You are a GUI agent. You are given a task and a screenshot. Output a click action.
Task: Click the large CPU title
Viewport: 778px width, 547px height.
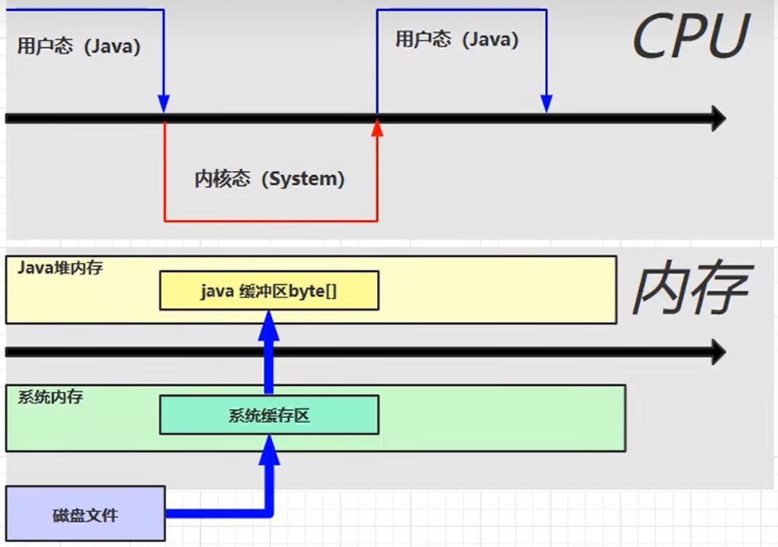(x=690, y=37)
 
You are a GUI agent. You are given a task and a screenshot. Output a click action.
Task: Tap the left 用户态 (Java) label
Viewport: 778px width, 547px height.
(x=79, y=47)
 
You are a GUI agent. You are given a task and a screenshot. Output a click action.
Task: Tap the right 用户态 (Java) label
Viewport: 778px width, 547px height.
(x=456, y=40)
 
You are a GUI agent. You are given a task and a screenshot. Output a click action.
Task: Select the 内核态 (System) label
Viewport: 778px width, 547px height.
(x=270, y=178)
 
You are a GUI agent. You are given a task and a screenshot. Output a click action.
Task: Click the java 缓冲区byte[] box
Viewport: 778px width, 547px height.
(x=269, y=291)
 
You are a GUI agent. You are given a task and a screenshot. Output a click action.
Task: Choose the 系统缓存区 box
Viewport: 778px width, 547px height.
(x=269, y=415)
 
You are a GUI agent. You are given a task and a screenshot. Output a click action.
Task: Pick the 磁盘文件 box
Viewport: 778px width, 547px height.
(x=85, y=515)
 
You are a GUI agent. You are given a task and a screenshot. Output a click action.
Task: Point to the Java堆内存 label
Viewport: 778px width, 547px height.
(x=60, y=269)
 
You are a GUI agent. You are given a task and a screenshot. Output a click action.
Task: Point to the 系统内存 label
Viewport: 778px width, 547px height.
(x=50, y=397)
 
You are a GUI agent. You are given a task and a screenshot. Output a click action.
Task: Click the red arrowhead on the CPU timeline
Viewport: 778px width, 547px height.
(x=378, y=127)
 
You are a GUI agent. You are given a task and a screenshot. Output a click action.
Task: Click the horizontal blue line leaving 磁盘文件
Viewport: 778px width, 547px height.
(x=215, y=513)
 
